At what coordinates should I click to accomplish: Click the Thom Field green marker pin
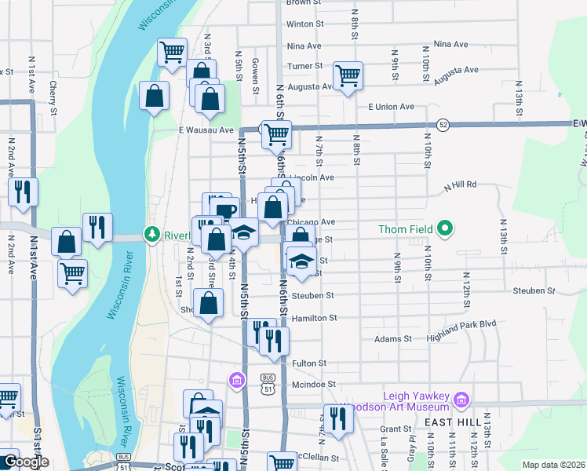click(x=446, y=229)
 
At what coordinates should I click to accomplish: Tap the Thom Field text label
click(x=403, y=229)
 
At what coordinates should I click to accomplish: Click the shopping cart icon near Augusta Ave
click(x=348, y=76)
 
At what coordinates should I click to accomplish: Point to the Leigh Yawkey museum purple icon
click(x=461, y=401)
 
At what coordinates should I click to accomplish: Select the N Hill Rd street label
click(x=460, y=186)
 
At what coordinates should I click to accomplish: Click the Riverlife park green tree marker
click(x=151, y=234)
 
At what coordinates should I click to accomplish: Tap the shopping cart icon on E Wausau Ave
click(x=275, y=134)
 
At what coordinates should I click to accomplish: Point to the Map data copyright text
click(x=553, y=465)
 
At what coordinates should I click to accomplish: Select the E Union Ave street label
click(x=385, y=107)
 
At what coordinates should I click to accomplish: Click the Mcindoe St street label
click(x=313, y=385)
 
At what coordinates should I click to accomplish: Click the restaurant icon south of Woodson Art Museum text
click(x=338, y=418)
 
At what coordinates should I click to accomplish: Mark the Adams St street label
click(x=393, y=339)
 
